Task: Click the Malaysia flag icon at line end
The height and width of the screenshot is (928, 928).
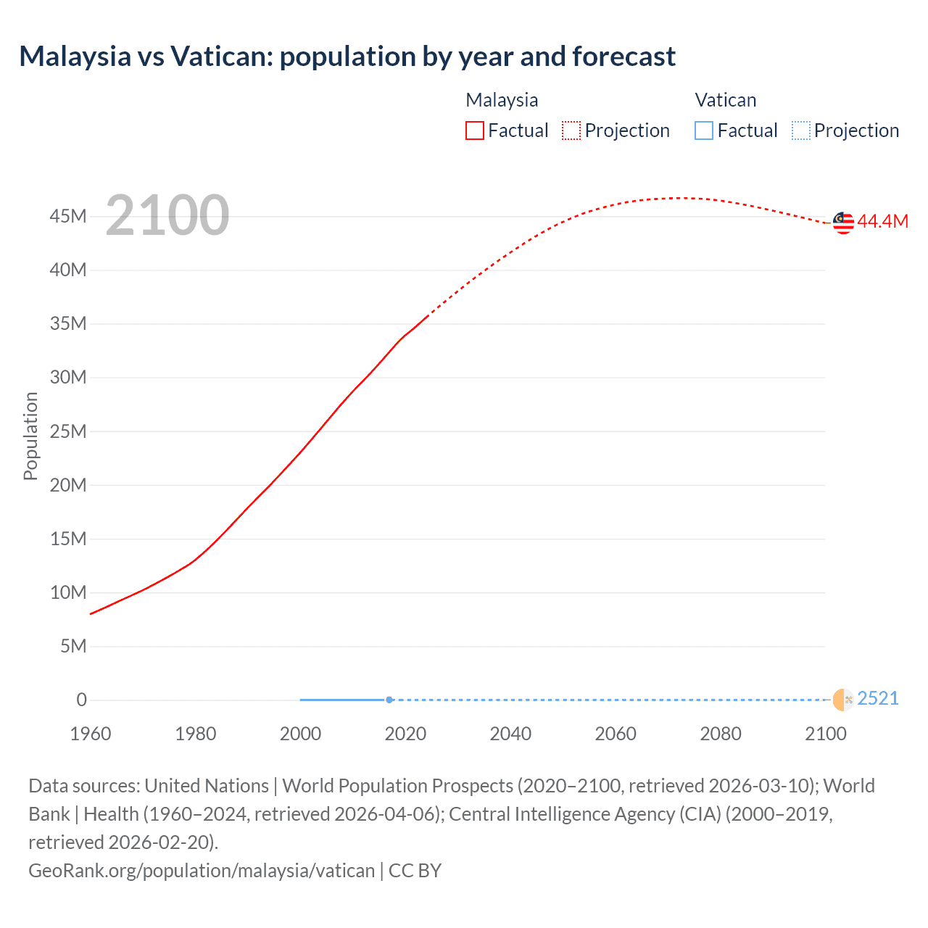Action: (843, 223)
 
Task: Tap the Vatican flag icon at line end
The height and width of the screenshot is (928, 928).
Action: (843, 700)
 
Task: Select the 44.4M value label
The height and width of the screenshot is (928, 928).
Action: (882, 222)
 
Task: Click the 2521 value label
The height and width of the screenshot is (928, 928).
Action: (877, 698)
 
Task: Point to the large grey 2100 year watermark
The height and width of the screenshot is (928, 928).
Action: (167, 215)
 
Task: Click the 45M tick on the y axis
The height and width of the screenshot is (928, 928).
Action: (68, 216)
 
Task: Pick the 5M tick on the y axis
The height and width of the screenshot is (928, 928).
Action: (73, 646)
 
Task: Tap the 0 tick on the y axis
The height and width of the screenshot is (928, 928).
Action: (81, 700)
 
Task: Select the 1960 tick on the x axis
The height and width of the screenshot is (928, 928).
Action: (91, 734)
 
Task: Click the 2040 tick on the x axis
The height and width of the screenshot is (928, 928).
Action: (510, 734)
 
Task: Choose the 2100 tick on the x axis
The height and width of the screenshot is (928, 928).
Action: (825, 734)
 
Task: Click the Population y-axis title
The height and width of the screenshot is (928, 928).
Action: (30, 436)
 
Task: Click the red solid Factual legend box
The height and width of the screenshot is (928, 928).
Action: (475, 130)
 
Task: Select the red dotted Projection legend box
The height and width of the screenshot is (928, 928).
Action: (571, 130)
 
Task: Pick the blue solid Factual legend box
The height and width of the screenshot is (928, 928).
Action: (704, 130)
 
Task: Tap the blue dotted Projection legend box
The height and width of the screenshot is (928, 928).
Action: (801, 130)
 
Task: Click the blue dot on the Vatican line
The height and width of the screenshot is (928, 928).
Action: (389, 700)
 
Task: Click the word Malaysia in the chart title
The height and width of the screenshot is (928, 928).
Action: (75, 57)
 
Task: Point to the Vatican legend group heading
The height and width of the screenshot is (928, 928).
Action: (725, 100)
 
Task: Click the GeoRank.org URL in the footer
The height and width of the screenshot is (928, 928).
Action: (202, 870)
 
